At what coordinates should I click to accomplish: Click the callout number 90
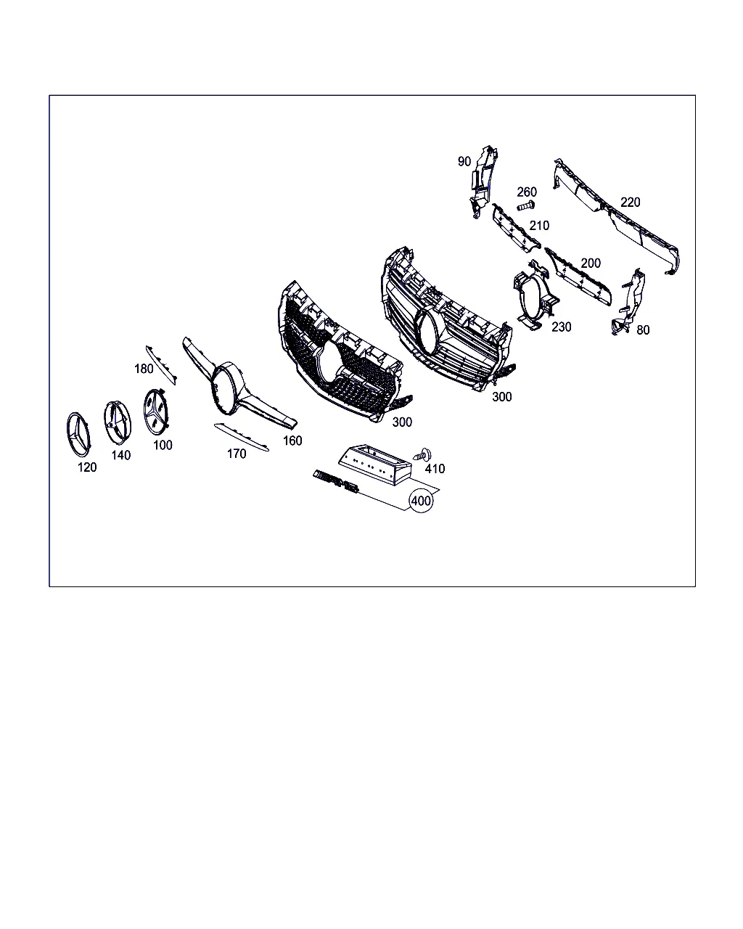click(x=464, y=161)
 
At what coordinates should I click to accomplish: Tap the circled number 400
click(x=421, y=501)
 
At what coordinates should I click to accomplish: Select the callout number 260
click(x=527, y=192)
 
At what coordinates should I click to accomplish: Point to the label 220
click(x=631, y=202)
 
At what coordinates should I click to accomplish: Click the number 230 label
click(x=562, y=327)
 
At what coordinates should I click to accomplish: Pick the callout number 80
click(x=643, y=330)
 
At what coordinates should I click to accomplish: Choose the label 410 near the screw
click(x=435, y=468)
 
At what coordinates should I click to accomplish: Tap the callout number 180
click(x=144, y=369)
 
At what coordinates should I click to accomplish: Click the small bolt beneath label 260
click(x=526, y=205)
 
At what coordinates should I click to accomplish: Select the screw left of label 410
click(x=423, y=455)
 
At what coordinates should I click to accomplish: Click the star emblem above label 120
click(x=78, y=434)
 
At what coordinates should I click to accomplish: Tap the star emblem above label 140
click(x=118, y=422)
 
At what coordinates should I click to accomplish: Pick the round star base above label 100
click(x=156, y=411)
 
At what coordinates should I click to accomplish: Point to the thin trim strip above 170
click(x=242, y=437)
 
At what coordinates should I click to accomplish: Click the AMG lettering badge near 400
click(x=336, y=481)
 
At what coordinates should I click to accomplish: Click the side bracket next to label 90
click(x=483, y=182)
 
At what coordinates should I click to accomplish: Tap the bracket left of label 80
click(x=628, y=302)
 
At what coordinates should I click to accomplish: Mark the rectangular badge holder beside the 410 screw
click(x=374, y=464)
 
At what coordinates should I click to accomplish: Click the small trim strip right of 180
click(x=161, y=364)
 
